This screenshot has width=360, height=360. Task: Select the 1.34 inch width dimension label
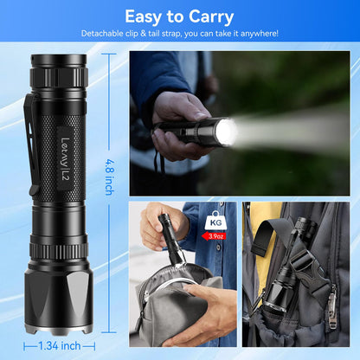pos(61,346)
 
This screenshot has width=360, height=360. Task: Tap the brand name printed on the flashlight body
pos(66,141)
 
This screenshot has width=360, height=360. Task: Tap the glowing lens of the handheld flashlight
pos(226,132)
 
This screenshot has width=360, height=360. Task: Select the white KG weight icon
pos(215,222)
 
